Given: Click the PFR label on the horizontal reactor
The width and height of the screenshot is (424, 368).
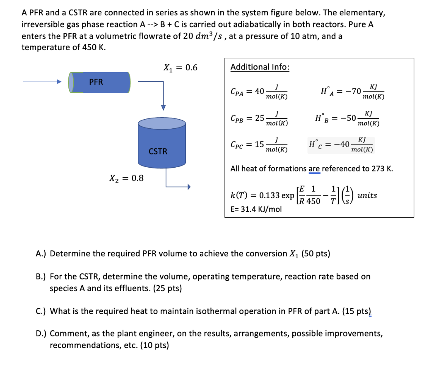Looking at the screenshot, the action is tap(96, 82).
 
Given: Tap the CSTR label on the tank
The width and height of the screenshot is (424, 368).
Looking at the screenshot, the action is tap(158, 152).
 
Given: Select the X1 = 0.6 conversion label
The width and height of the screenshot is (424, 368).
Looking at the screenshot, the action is tap(181, 67).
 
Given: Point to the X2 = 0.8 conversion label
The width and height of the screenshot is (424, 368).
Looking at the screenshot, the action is tap(126, 178).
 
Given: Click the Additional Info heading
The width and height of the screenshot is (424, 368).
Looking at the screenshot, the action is tap(260, 67).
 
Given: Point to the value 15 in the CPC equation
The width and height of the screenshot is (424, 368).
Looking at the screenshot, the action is tap(260, 144).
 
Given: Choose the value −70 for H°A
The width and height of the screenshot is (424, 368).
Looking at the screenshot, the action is tap(350, 91).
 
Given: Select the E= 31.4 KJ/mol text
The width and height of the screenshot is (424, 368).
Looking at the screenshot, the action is tap(255, 209).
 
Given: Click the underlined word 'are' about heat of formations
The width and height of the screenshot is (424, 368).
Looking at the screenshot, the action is tap(314, 168).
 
